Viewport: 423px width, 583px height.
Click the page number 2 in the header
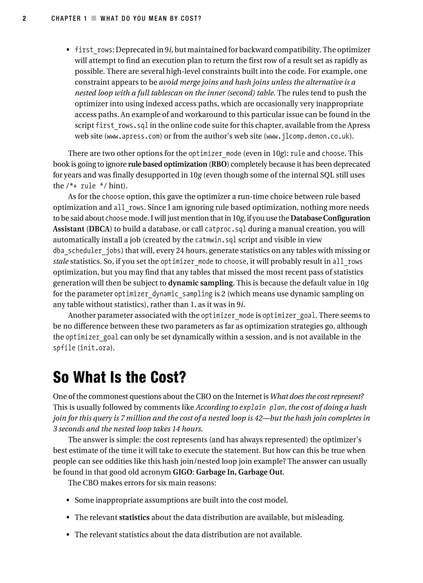pyautogui.click(x=24, y=19)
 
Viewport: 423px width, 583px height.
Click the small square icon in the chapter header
pyautogui.click(x=94, y=19)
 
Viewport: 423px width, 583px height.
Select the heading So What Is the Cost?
pyautogui.click(x=126, y=377)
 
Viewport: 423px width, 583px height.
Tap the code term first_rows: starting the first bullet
pyautogui.click(x=95, y=50)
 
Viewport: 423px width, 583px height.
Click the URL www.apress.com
pyautogui.click(x=128, y=137)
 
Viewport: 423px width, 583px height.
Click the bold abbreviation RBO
pyautogui.click(x=218, y=164)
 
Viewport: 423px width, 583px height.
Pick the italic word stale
pyautogui.click(x=61, y=261)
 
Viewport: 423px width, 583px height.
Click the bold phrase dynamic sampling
pyautogui.click(x=200, y=283)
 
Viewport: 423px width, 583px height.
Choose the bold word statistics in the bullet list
pyautogui.click(x=134, y=518)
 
